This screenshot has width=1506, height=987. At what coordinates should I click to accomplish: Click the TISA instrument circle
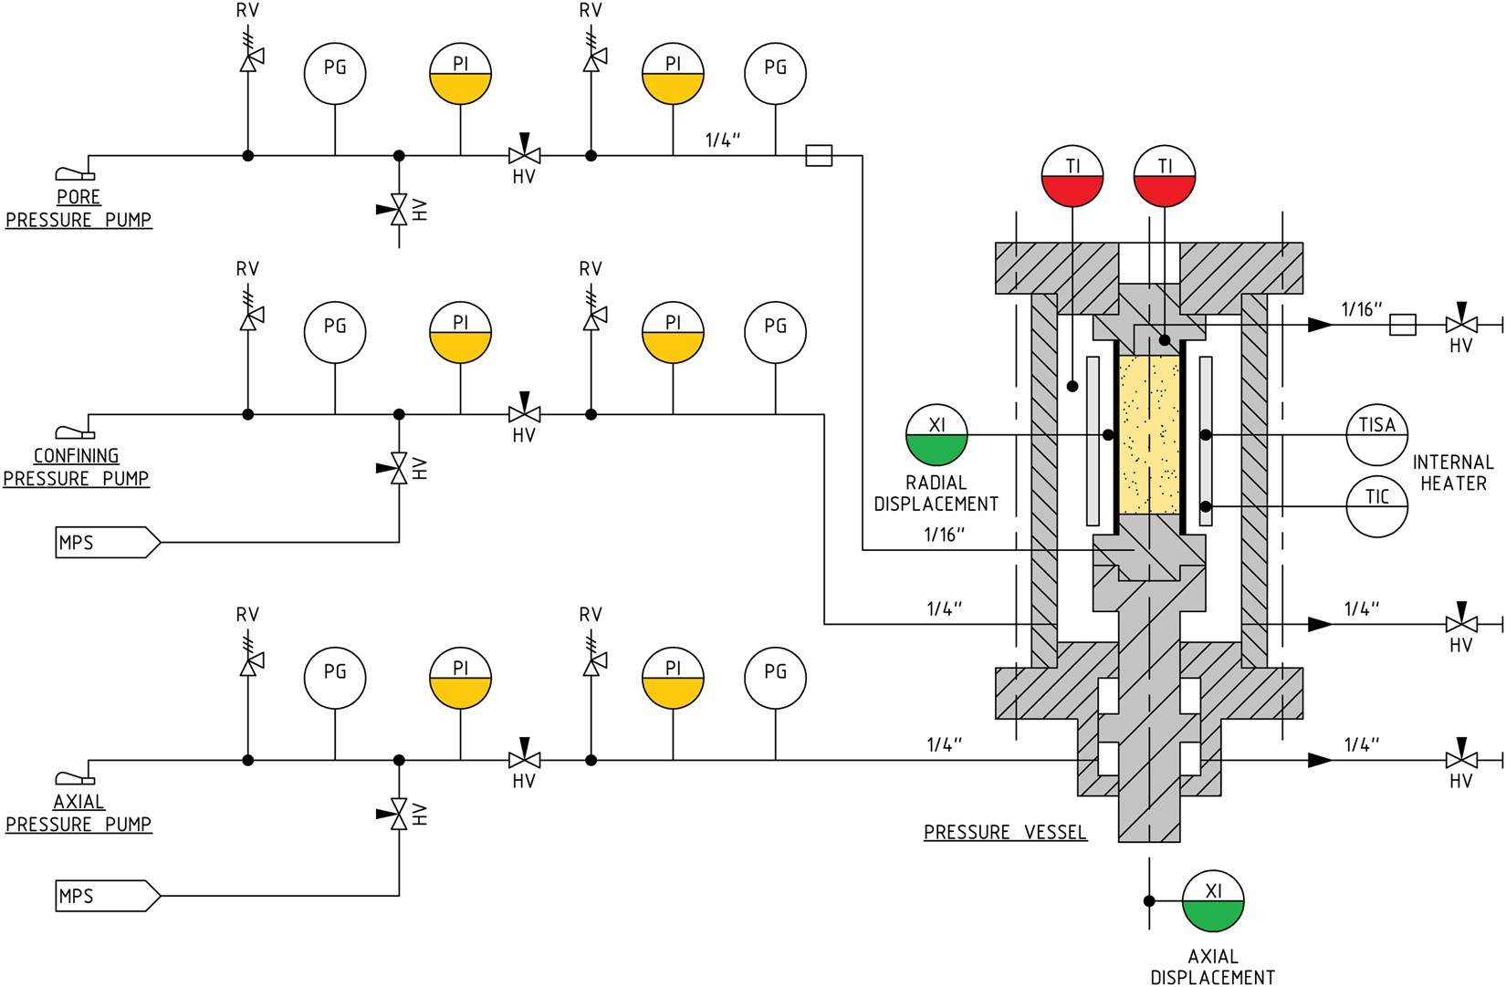(1376, 435)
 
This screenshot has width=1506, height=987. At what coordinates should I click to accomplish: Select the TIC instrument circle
(1376, 506)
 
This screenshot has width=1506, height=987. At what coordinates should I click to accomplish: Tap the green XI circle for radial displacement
(936, 435)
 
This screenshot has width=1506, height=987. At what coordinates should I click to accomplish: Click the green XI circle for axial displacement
(1213, 901)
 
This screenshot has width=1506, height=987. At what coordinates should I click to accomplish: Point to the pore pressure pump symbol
(74, 173)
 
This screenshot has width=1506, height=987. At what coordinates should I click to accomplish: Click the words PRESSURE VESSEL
(1005, 832)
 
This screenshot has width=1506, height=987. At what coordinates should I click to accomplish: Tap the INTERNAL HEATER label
(1453, 473)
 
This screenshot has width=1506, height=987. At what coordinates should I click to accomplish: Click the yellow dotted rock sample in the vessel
(1149, 435)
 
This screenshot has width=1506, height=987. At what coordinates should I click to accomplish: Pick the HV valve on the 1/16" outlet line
(1461, 324)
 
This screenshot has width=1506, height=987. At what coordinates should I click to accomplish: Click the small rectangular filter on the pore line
(819, 156)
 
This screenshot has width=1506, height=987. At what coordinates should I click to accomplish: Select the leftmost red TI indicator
(1072, 176)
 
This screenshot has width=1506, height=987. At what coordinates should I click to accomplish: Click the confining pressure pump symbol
(74, 432)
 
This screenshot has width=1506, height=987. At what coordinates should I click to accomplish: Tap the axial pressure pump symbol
(74, 778)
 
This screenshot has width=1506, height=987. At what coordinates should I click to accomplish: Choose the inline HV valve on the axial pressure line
(524, 759)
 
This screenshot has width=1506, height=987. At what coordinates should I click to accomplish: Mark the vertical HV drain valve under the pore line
(399, 210)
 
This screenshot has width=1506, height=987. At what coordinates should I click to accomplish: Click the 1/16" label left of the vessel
(944, 535)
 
